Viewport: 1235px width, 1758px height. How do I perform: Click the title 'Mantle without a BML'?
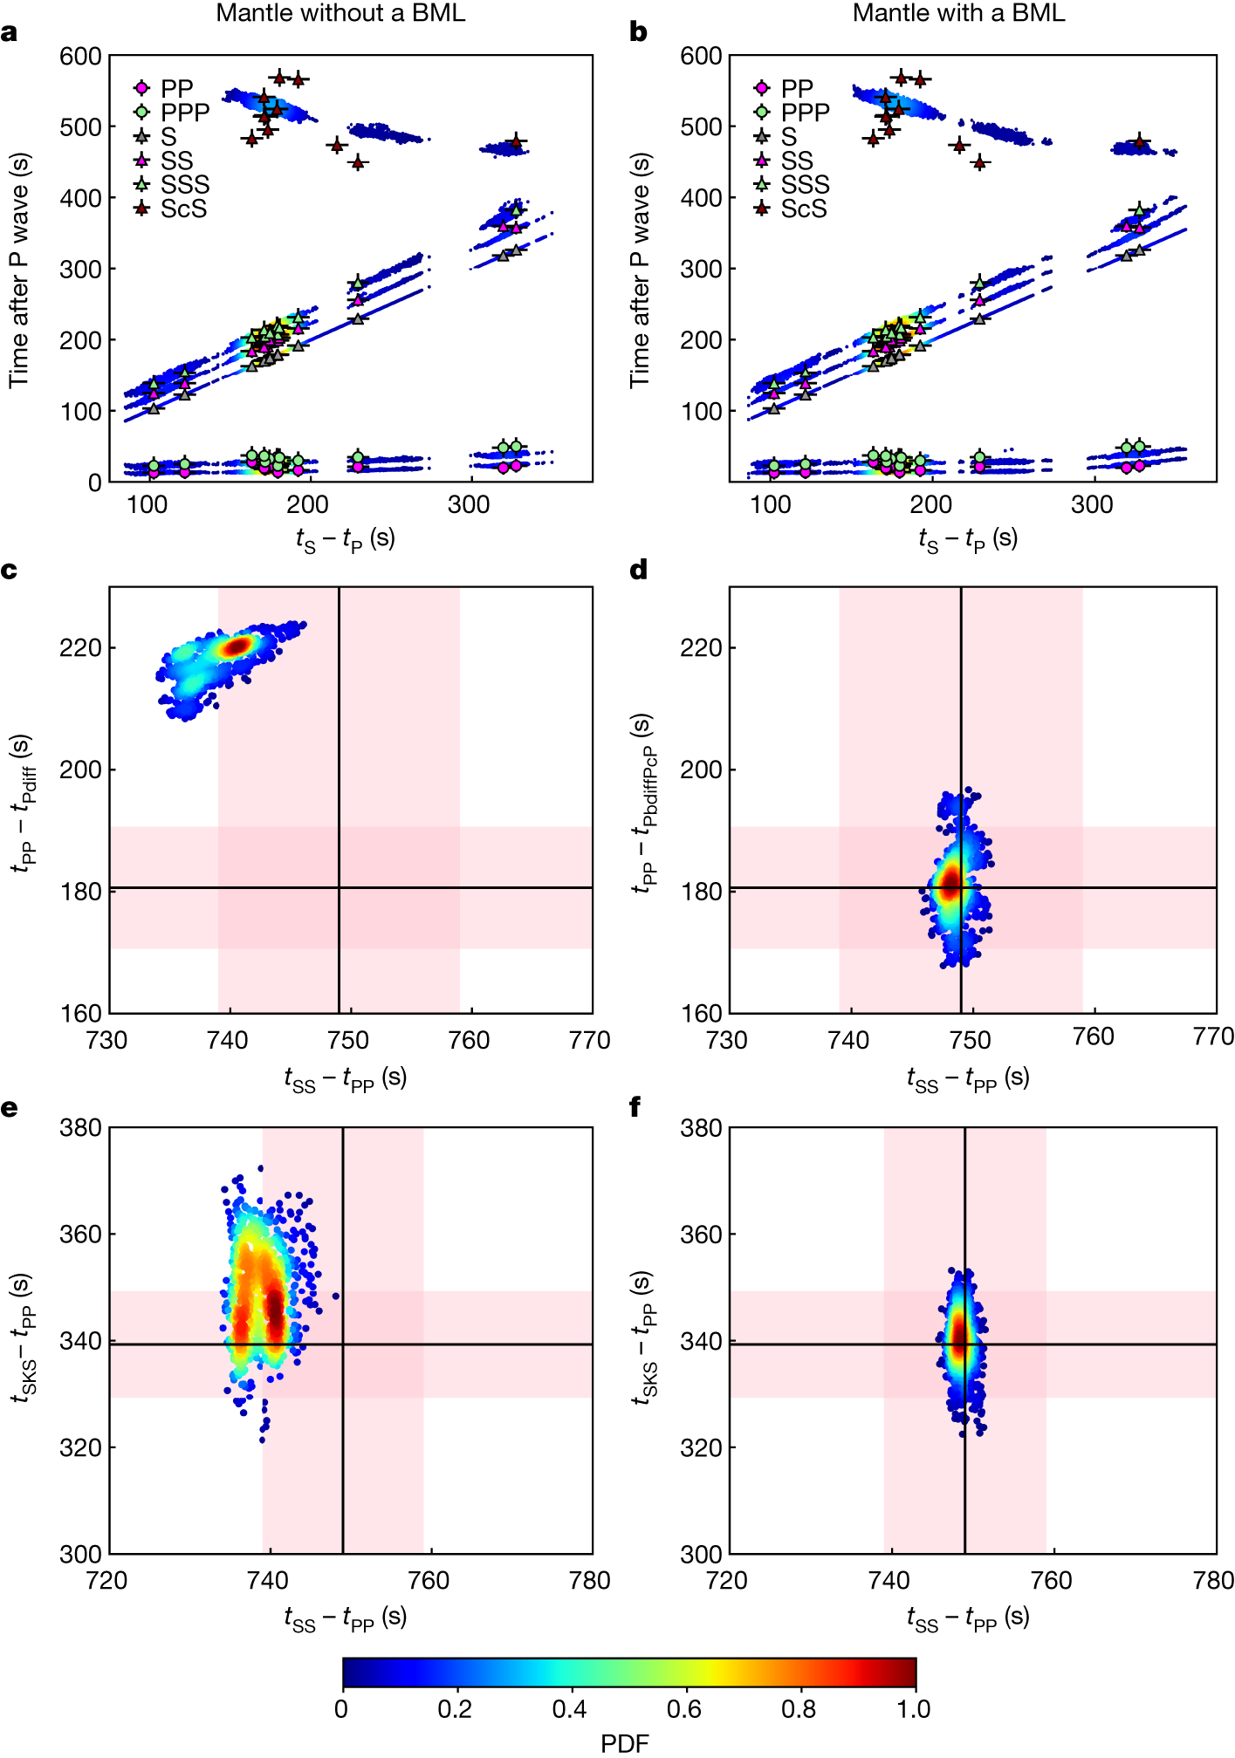[340, 13]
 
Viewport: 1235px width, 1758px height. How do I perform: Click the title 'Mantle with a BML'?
[958, 13]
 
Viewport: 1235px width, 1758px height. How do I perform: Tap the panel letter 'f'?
[635, 1108]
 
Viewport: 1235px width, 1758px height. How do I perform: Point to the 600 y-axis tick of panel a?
[80, 57]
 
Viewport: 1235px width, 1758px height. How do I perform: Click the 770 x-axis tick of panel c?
[589, 1040]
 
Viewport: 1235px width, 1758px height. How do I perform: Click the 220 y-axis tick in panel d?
[702, 648]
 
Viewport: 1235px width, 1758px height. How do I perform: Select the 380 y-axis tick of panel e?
[80, 1128]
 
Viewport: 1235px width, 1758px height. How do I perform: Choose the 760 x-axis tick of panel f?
[1052, 1581]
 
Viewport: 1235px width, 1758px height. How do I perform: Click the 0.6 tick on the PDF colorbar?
[684, 1709]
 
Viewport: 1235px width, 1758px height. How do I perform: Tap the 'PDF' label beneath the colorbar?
[625, 1743]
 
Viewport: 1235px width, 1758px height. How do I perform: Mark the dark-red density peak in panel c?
[236, 646]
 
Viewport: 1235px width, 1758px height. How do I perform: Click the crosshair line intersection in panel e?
[343, 1344]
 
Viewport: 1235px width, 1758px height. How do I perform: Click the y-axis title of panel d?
[642, 803]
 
